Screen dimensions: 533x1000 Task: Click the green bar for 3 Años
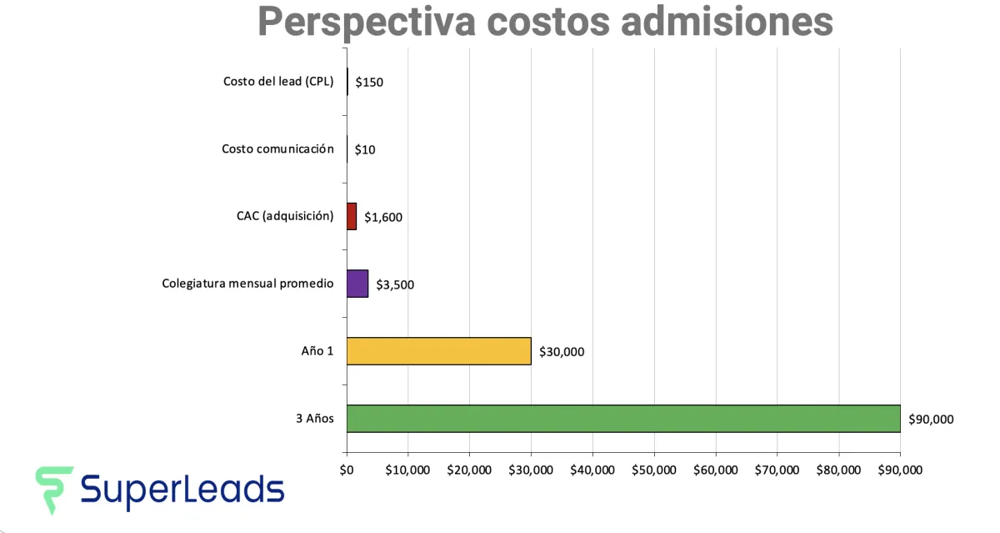pyautogui.click(x=623, y=419)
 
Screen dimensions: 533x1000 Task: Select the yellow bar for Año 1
pyautogui.click(x=438, y=351)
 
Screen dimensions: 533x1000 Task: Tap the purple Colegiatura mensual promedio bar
pyautogui.click(x=357, y=284)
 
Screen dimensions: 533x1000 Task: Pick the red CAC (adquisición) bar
pyautogui.click(x=352, y=217)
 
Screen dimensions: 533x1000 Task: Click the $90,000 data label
pyautogui.click(x=931, y=419)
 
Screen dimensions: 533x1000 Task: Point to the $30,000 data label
pyautogui.click(x=562, y=352)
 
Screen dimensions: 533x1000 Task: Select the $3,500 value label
pyautogui.click(x=395, y=284)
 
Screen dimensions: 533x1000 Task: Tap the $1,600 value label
pyautogui.click(x=383, y=218)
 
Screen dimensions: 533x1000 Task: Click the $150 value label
pyautogui.click(x=369, y=83)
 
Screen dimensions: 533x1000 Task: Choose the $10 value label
pyautogui.click(x=365, y=150)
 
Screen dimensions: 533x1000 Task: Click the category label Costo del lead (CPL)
pyautogui.click(x=278, y=82)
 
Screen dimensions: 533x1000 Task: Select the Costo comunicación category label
pyautogui.click(x=277, y=149)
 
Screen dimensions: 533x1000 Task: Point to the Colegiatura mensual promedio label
pyautogui.click(x=247, y=284)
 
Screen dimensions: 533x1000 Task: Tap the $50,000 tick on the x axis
pyautogui.click(x=654, y=470)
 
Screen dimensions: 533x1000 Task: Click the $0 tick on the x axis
pyautogui.click(x=347, y=470)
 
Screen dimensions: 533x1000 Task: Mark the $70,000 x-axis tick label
pyautogui.click(x=777, y=470)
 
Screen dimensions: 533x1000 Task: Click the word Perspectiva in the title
pyautogui.click(x=366, y=22)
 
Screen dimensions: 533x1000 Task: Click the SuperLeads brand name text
pyautogui.click(x=182, y=489)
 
